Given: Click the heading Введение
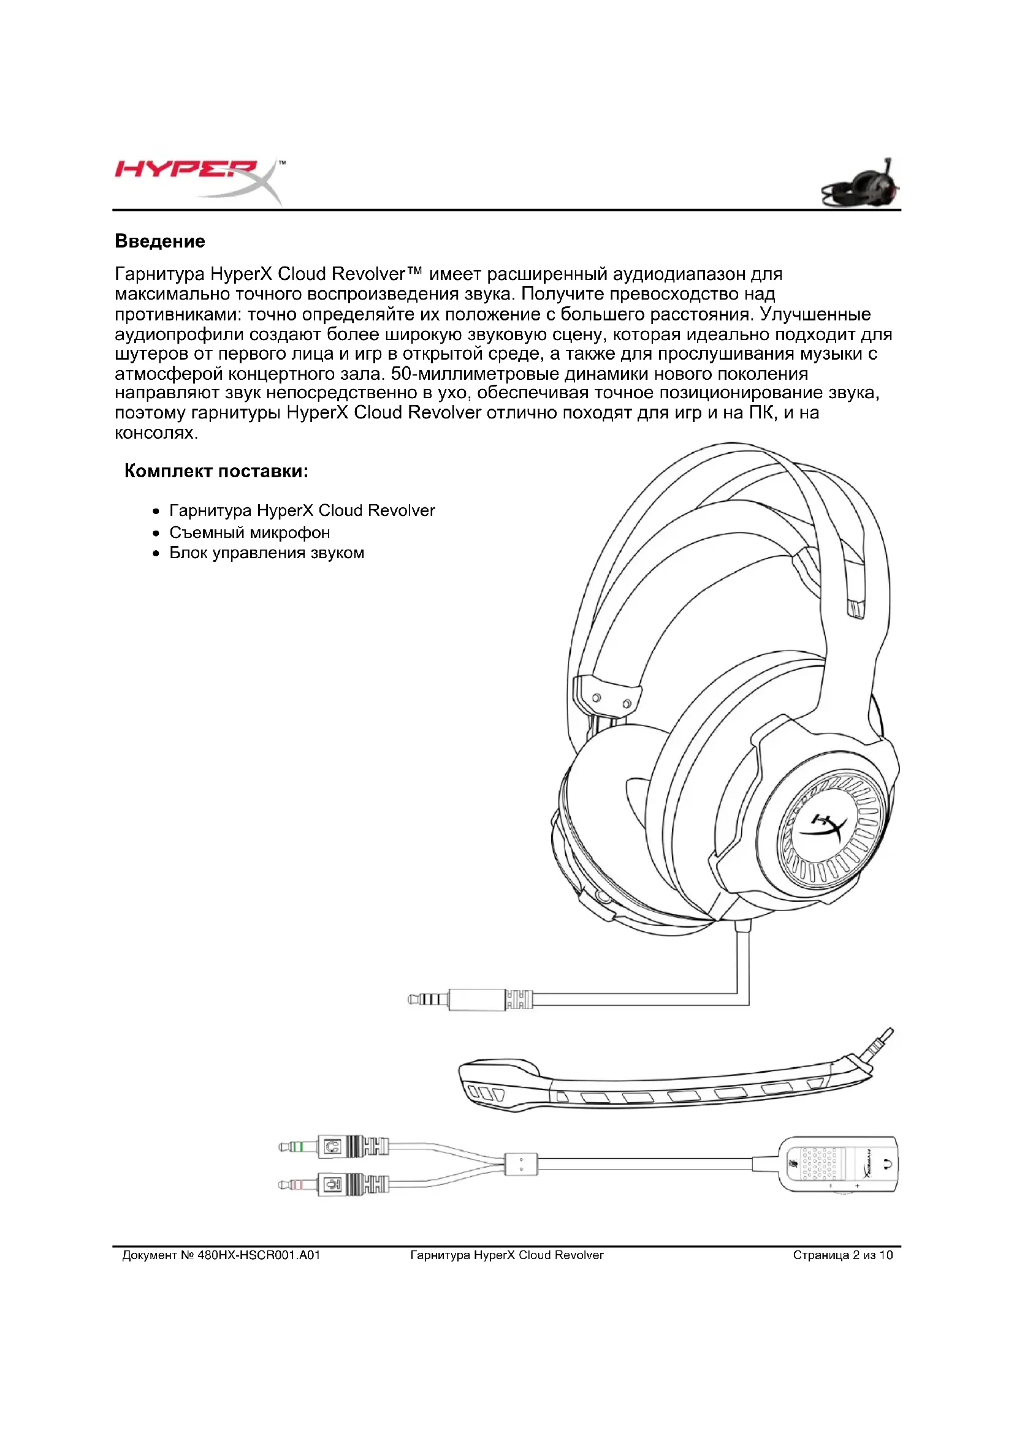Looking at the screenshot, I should click(160, 241).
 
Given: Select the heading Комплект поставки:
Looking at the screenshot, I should click(216, 471).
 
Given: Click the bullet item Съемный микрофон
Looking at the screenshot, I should click(250, 532).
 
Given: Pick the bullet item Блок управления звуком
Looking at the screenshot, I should click(267, 553).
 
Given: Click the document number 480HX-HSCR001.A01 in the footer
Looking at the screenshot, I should click(259, 1255).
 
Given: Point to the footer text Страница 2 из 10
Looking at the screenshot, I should click(842, 1255).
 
